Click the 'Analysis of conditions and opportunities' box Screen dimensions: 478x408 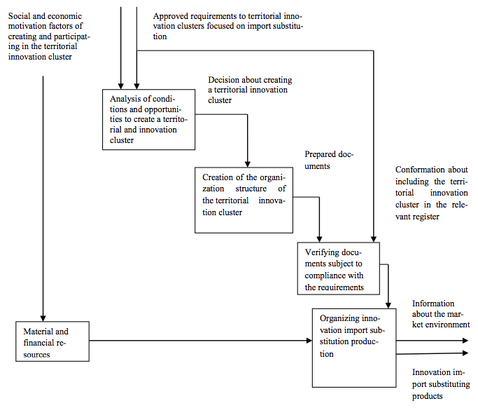coord(149,119)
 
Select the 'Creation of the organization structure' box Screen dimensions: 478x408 coord(244,200)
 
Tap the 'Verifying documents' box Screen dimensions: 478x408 coord(339,268)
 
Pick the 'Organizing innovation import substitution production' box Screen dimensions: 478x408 coord(354,348)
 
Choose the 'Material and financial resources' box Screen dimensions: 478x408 coord(52,341)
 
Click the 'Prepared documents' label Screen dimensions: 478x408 coord(329,160)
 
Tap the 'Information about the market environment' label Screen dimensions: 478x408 coord(441,314)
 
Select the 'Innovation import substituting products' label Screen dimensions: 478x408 coord(441,384)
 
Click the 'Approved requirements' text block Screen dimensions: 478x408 coord(228,26)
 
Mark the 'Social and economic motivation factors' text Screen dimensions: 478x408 coord(49,36)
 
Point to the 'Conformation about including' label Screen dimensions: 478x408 coord(431,193)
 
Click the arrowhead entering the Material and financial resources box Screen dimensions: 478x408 coord(43,318)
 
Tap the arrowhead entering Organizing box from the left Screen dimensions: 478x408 coord(309,341)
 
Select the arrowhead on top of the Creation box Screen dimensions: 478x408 coord(248,164)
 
